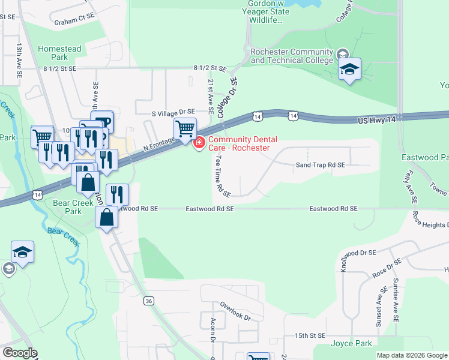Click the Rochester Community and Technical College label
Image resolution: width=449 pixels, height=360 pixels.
[x=292, y=56]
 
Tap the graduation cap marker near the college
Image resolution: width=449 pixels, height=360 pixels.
[x=349, y=70]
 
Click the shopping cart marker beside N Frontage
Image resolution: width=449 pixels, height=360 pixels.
[x=185, y=128]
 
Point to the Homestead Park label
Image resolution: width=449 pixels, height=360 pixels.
[x=58, y=53]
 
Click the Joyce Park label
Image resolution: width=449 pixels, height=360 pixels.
[x=351, y=344]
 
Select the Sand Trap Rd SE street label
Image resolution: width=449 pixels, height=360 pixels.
[x=321, y=165]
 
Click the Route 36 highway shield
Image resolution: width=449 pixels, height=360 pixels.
[x=148, y=301]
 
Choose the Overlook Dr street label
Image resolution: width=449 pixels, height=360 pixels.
[x=234, y=310]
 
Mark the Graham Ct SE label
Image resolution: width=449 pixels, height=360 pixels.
[x=74, y=22]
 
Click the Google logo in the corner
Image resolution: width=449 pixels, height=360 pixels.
[x=20, y=353]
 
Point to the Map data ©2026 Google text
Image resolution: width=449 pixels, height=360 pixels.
[x=412, y=355]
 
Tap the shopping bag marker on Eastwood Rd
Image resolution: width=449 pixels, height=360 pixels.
[x=106, y=218]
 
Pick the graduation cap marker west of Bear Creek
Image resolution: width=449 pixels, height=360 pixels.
[x=22, y=253]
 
